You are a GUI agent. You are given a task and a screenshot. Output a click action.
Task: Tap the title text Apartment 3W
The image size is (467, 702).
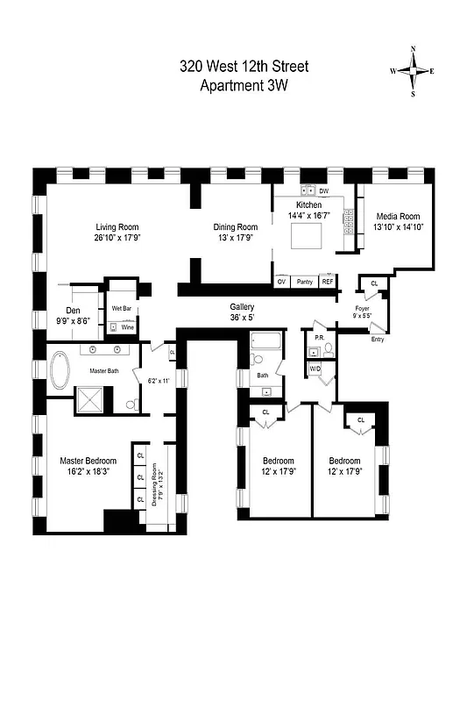244,85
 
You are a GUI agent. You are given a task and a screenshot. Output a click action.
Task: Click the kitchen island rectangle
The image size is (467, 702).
314,236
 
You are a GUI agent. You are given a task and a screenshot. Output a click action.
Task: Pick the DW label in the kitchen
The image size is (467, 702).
323,190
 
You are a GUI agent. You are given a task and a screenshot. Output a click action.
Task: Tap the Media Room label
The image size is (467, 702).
398,217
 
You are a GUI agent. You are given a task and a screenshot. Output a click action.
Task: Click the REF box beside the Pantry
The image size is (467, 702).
328,282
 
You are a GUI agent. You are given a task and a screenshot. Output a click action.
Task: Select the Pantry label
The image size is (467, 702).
305,282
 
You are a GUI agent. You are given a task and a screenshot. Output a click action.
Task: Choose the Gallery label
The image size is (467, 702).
242,307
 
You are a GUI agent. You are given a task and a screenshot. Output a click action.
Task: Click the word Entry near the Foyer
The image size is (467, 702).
378,340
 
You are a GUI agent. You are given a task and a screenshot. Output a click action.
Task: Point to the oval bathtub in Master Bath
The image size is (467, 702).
61,371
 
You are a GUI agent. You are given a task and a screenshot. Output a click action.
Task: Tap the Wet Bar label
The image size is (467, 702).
121,309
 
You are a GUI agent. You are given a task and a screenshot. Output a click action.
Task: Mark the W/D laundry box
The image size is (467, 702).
315,369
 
